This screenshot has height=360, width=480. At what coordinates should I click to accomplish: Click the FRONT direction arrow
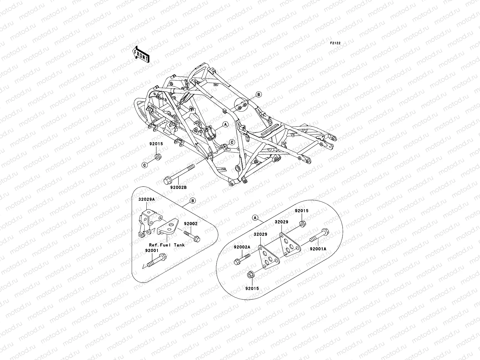click(145, 54)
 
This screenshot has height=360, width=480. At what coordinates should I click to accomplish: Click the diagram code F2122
click(335, 43)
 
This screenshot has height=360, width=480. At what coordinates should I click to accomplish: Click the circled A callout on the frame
click(225, 124)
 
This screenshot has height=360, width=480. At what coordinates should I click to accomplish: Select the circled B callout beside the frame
click(259, 94)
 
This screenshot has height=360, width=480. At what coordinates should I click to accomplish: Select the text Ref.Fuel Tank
click(167, 245)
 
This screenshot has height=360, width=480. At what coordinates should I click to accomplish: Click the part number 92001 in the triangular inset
click(151, 250)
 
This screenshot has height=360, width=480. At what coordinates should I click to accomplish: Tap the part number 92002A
click(242, 247)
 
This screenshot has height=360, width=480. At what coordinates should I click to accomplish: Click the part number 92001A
click(318, 249)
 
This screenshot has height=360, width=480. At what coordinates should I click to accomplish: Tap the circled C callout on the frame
click(232, 142)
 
